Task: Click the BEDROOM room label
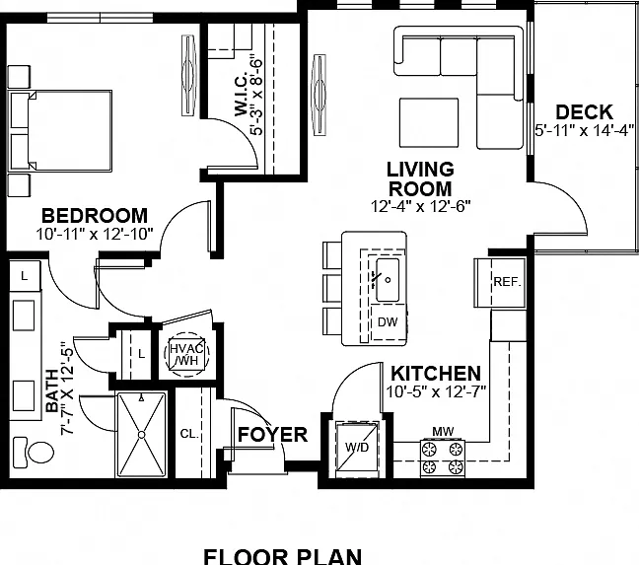[x=95, y=216]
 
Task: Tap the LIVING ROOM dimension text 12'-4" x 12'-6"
[x=420, y=206]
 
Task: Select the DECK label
[x=584, y=112]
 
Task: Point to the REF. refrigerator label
[x=508, y=282]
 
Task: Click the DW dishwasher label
[x=388, y=322]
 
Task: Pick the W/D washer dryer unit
[x=357, y=448]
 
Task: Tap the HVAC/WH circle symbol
[x=186, y=354]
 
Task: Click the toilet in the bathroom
[x=34, y=452]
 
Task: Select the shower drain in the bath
[x=141, y=435]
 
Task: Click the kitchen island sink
[x=388, y=280]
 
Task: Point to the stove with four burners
[x=443, y=458]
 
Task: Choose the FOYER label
[x=272, y=435]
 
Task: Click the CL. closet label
[x=189, y=434]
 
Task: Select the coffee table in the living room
[x=429, y=122]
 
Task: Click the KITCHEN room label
[x=436, y=374]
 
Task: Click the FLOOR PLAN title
[x=282, y=556]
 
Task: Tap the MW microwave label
[x=443, y=431]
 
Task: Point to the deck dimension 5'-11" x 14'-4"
[x=585, y=130]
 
